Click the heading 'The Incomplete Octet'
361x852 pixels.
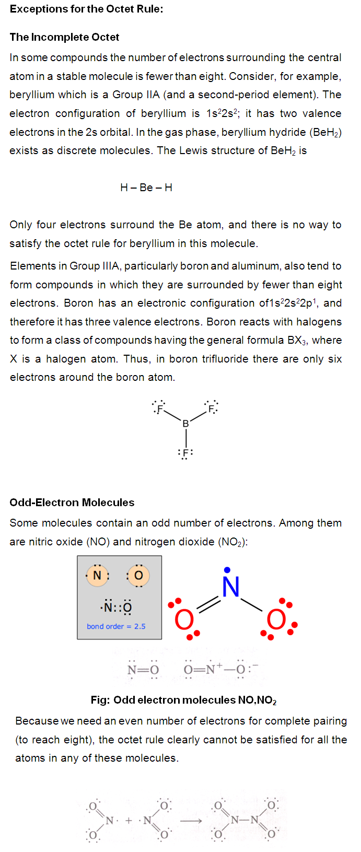pos(64,37)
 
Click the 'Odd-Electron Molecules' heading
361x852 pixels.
pos(72,503)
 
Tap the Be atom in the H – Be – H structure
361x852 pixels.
pos(146,188)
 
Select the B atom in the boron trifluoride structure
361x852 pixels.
pos(185,424)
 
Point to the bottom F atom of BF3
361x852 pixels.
pos(185,453)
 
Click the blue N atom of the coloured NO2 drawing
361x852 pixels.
pos(230,587)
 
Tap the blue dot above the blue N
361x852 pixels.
pos(227,570)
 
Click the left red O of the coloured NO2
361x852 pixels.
pos(184,621)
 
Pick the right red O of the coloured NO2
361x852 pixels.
pos(276,620)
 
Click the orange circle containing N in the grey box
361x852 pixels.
pos(98,576)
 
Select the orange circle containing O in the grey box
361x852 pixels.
pos(138,576)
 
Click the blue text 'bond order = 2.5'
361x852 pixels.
pos(116,626)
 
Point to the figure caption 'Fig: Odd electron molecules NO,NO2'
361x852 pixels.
pos(183,701)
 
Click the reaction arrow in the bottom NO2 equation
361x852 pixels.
pos(191,821)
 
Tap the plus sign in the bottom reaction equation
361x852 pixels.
pos(129,821)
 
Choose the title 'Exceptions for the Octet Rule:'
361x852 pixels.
pos(86,9)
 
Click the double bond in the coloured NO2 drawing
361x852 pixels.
pos(208,604)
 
